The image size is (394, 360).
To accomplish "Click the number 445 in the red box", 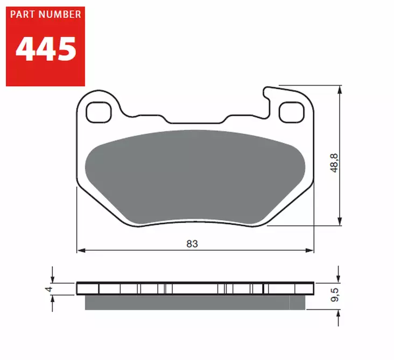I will (x=45, y=49).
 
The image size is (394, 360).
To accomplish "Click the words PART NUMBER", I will (x=45, y=15).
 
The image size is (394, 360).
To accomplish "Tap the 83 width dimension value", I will (x=192, y=244).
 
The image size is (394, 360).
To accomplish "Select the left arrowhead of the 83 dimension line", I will (x=81, y=251).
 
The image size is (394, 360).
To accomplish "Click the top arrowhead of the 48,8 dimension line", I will (x=340, y=91).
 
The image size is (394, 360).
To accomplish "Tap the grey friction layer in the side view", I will (x=194, y=302).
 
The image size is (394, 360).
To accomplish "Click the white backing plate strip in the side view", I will (x=194, y=288).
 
